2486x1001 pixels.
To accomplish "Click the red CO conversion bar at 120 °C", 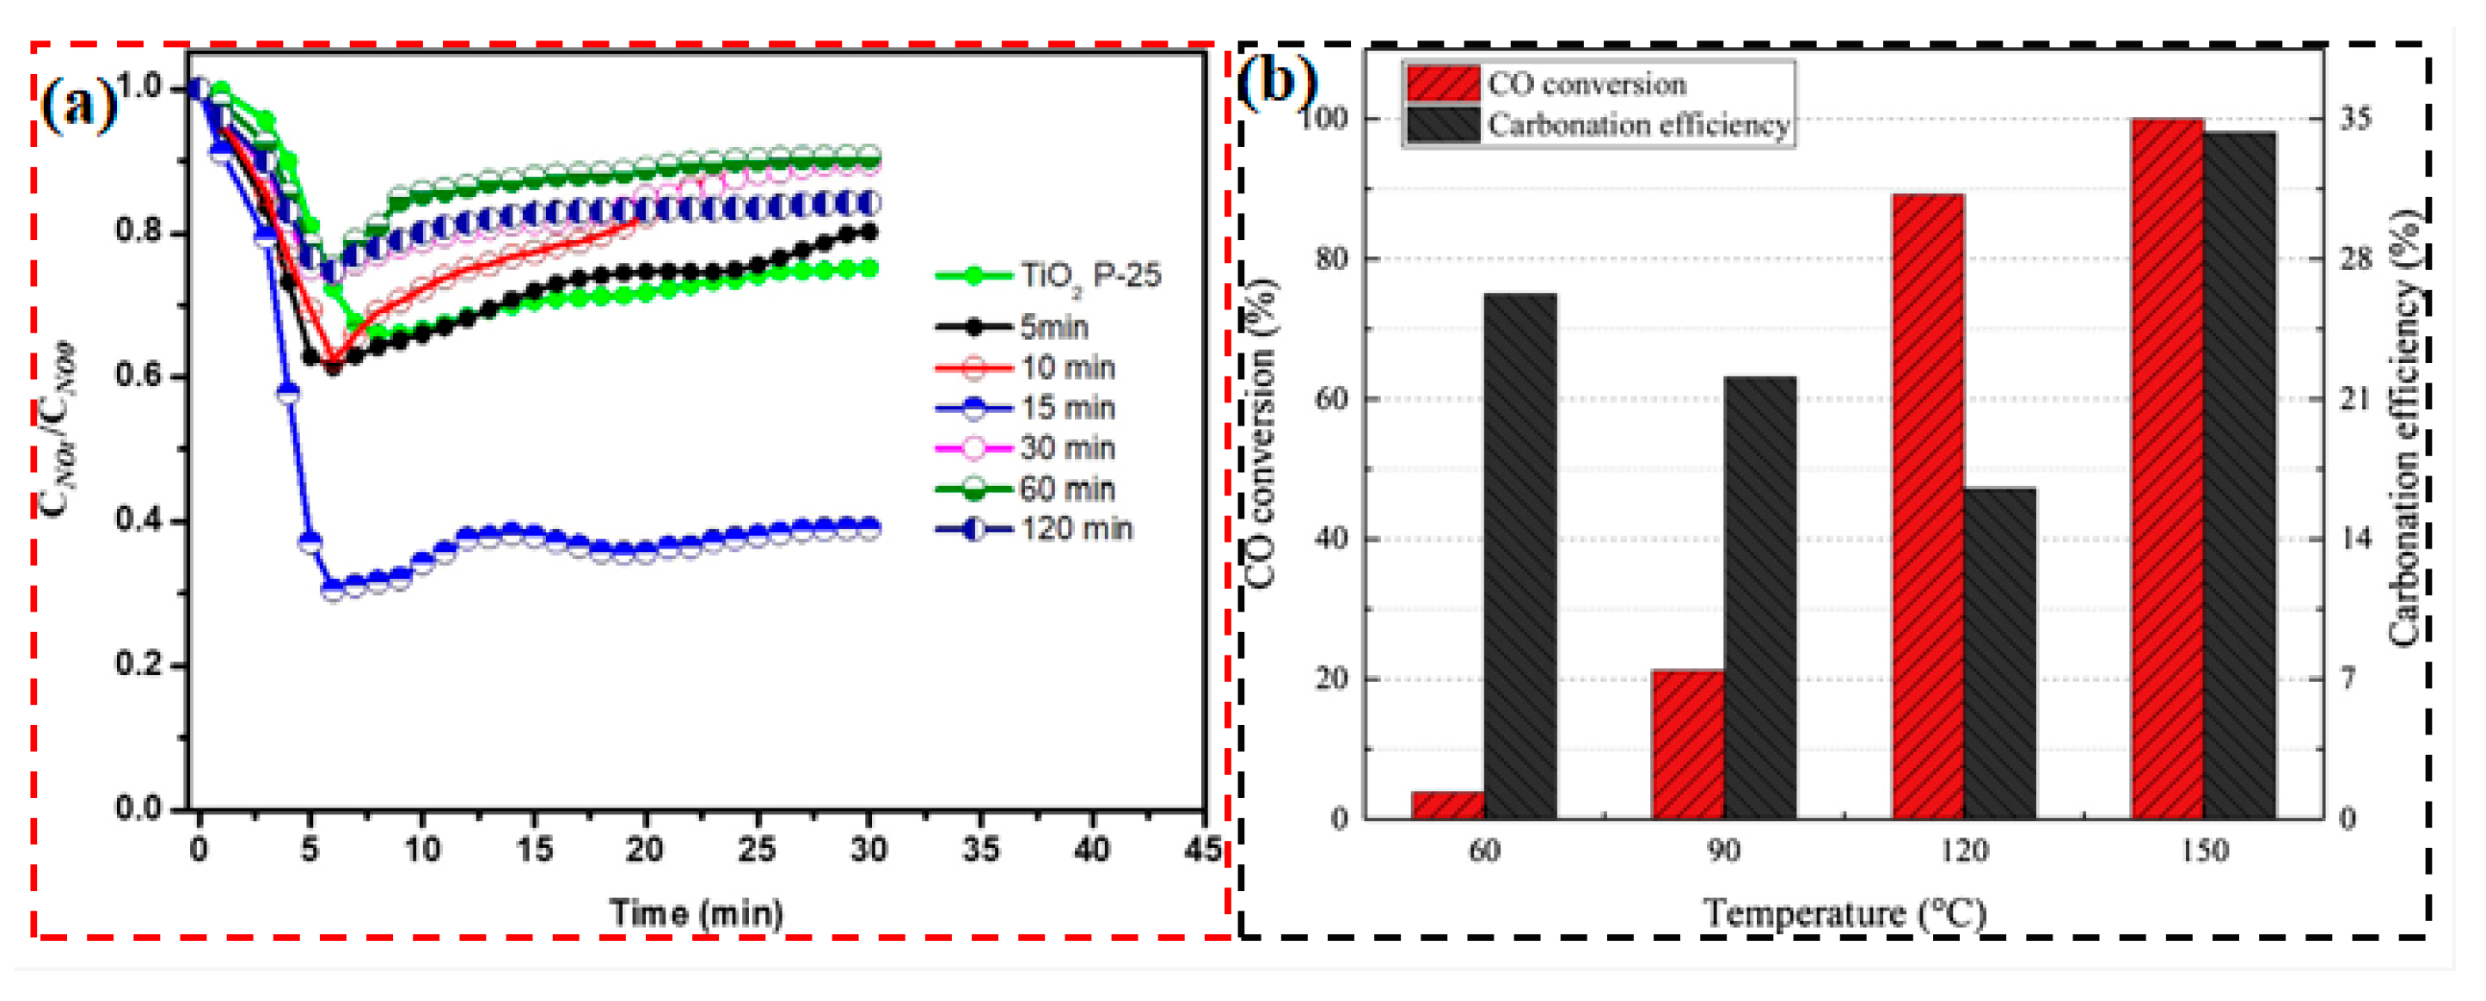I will click(x=1927, y=506).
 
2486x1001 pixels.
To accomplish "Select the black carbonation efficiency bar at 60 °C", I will click(x=1520, y=555).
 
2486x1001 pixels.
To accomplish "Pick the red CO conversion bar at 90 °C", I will click(x=1687, y=743).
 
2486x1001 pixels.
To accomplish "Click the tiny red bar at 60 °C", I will click(x=1447, y=804).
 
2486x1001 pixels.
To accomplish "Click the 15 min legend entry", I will click(x=1066, y=408).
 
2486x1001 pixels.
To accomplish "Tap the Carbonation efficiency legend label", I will click(x=1638, y=126).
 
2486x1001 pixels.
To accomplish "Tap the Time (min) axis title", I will click(x=696, y=913).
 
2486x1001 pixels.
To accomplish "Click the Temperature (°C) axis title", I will click(x=1844, y=913).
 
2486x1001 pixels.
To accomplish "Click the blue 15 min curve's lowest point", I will click(x=332, y=589).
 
